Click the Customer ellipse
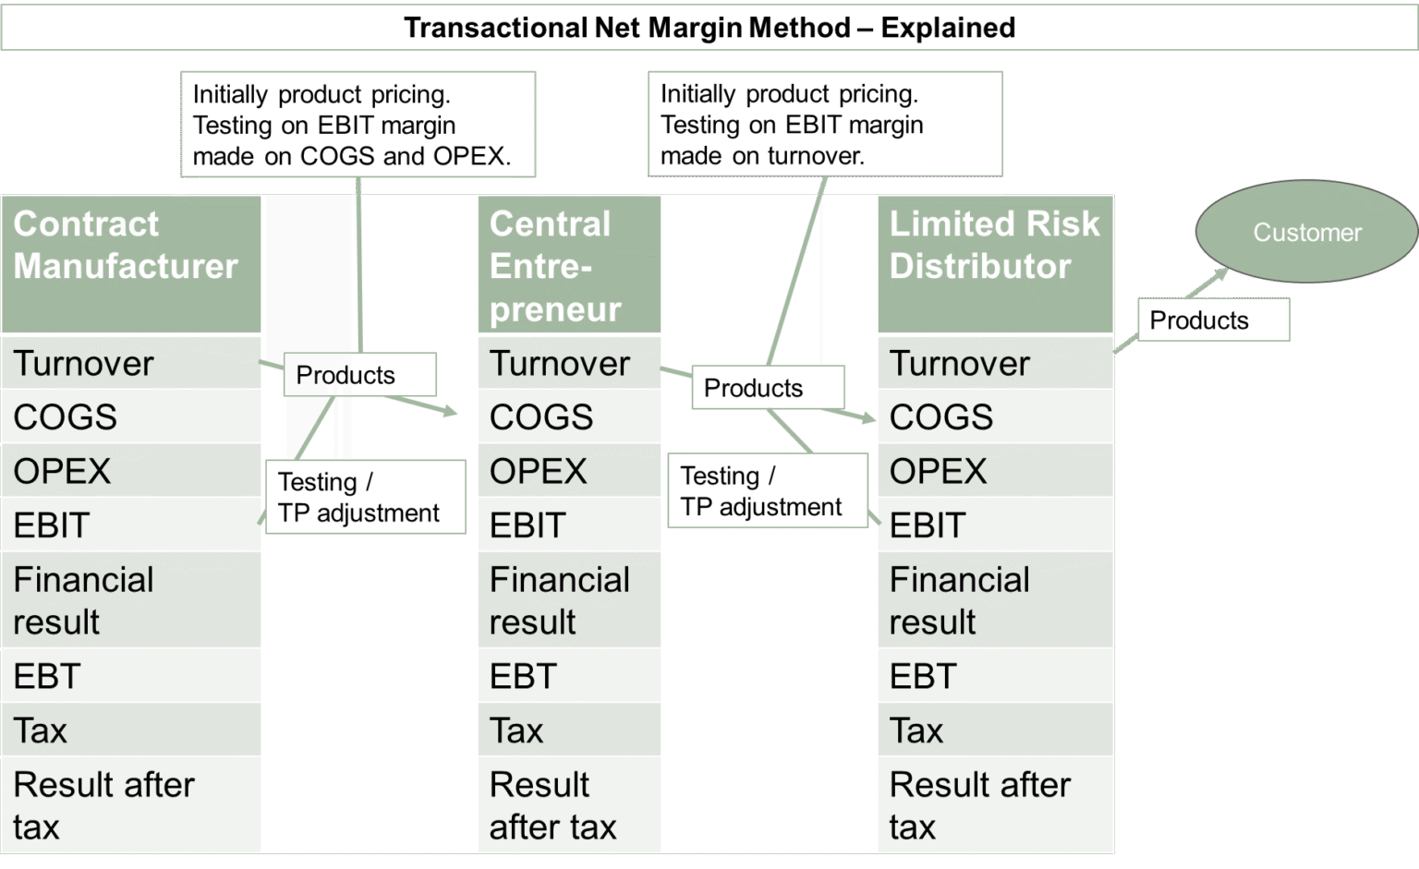tap(1306, 232)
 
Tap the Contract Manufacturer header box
tap(130, 263)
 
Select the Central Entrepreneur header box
tap(569, 265)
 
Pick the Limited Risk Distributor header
tap(995, 263)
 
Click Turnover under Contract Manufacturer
tap(130, 363)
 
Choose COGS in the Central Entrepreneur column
tap(569, 416)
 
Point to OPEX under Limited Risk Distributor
tap(995, 471)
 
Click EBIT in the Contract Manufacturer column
tap(130, 525)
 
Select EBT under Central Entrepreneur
tap(569, 676)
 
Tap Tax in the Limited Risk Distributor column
tap(995, 730)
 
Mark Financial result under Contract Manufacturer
tap(130, 600)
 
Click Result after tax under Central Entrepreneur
tap(569, 805)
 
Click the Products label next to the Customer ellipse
tap(1212, 320)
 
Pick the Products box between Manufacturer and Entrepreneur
tap(359, 375)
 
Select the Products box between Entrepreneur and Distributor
tap(768, 388)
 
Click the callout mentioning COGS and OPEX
tap(358, 125)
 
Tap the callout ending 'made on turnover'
tap(825, 125)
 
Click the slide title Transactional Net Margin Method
tap(709, 28)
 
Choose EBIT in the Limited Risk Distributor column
tap(995, 525)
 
